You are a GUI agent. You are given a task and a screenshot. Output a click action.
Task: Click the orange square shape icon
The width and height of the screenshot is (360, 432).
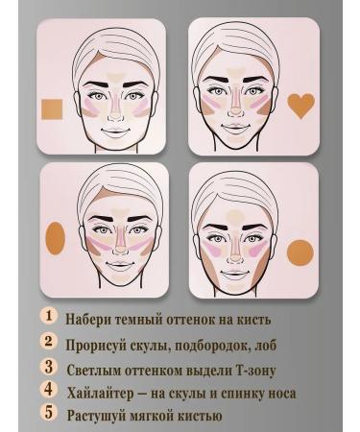[52, 113]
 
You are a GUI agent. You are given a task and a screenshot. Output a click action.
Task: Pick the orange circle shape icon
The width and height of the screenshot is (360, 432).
[300, 252]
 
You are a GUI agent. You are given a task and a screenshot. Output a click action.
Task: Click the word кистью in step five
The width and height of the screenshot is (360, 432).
[197, 416]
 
